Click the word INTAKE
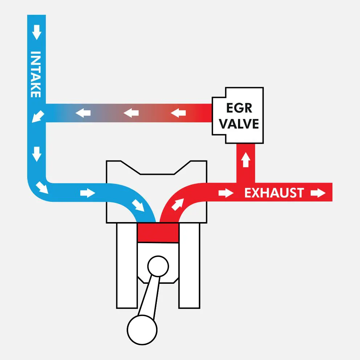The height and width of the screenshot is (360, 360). (x=36, y=74)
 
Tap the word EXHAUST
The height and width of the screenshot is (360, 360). (x=274, y=193)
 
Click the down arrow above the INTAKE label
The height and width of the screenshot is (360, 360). (x=36, y=34)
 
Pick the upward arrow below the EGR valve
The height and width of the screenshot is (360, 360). (x=246, y=160)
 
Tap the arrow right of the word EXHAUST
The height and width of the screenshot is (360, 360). (x=318, y=193)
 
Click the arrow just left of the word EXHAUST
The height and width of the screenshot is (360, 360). (x=226, y=193)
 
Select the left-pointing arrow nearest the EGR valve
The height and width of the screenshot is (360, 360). (x=178, y=113)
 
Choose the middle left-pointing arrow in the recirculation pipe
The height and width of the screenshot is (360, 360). (x=131, y=113)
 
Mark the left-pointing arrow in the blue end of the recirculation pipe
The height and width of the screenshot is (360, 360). (x=83, y=113)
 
